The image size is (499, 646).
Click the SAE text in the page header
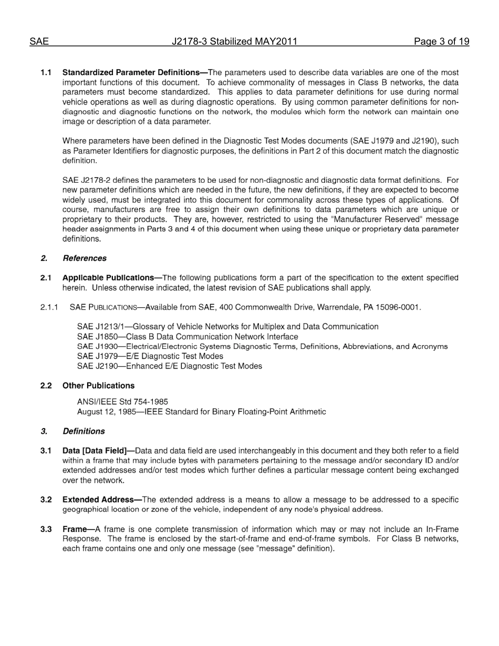pyautogui.click(x=39, y=41)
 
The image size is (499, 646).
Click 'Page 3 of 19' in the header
pyautogui.click(x=441, y=41)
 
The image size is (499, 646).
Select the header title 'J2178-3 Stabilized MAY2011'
pyautogui.click(x=234, y=41)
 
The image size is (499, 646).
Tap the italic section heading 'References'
pyautogui.click(x=84, y=258)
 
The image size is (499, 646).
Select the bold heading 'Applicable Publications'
pyautogui.click(x=111, y=277)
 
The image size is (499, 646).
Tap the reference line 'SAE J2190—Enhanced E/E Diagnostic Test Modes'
pyautogui.click(x=169, y=366)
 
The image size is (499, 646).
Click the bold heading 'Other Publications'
pyautogui.click(x=98, y=385)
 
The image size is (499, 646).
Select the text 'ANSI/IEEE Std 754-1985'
pyautogui.click(x=122, y=402)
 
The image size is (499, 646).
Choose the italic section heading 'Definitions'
pyautogui.click(x=84, y=431)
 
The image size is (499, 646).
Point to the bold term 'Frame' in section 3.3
pyautogui.click(x=74, y=529)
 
